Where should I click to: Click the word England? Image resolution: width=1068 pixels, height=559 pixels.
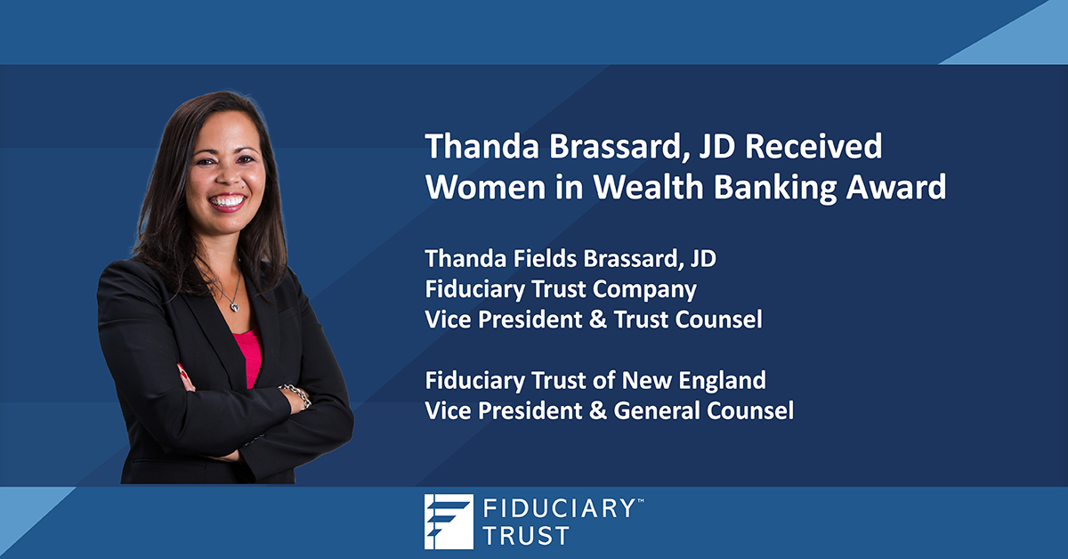[x=719, y=380]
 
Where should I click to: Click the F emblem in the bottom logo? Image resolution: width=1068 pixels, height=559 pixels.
[x=449, y=521]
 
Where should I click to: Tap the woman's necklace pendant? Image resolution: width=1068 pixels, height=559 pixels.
[x=233, y=304]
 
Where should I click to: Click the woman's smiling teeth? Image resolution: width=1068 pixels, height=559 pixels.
[x=227, y=201]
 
